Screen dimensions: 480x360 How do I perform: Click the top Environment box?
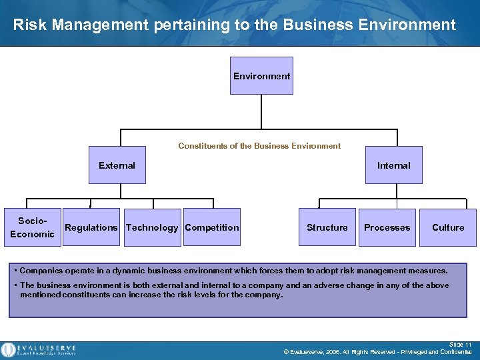coord(261,76)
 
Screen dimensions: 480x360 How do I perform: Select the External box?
coord(117,165)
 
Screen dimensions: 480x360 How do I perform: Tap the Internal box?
coord(393,165)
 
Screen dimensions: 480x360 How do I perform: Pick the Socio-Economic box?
coord(32,227)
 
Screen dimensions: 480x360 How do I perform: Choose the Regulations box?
coord(91,227)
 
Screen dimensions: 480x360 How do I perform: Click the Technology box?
coord(152,227)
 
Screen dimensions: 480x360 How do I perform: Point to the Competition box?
coord(212,227)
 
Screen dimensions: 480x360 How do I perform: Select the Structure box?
coord(327,227)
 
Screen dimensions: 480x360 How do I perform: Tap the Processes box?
coord(387,227)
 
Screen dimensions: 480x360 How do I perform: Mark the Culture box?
coord(448,227)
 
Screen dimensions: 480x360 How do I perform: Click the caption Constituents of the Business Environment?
coord(259,146)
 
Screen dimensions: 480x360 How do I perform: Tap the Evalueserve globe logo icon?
coord(9,349)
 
